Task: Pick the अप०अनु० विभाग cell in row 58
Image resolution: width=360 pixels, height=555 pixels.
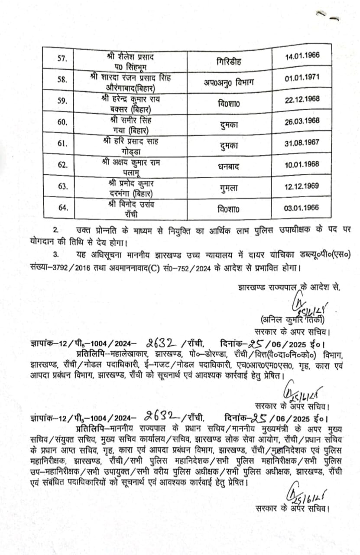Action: tap(230, 81)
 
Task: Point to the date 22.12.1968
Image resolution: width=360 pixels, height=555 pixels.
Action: tap(302, 99)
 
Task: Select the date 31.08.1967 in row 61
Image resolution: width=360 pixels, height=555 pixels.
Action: tap(302, 142)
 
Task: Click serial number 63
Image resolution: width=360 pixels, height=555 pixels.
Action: tap(62, 186)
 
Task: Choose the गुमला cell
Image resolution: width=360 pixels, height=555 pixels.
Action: tap(230, 187)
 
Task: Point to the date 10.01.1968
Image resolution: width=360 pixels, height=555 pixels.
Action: tap(302, 164)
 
